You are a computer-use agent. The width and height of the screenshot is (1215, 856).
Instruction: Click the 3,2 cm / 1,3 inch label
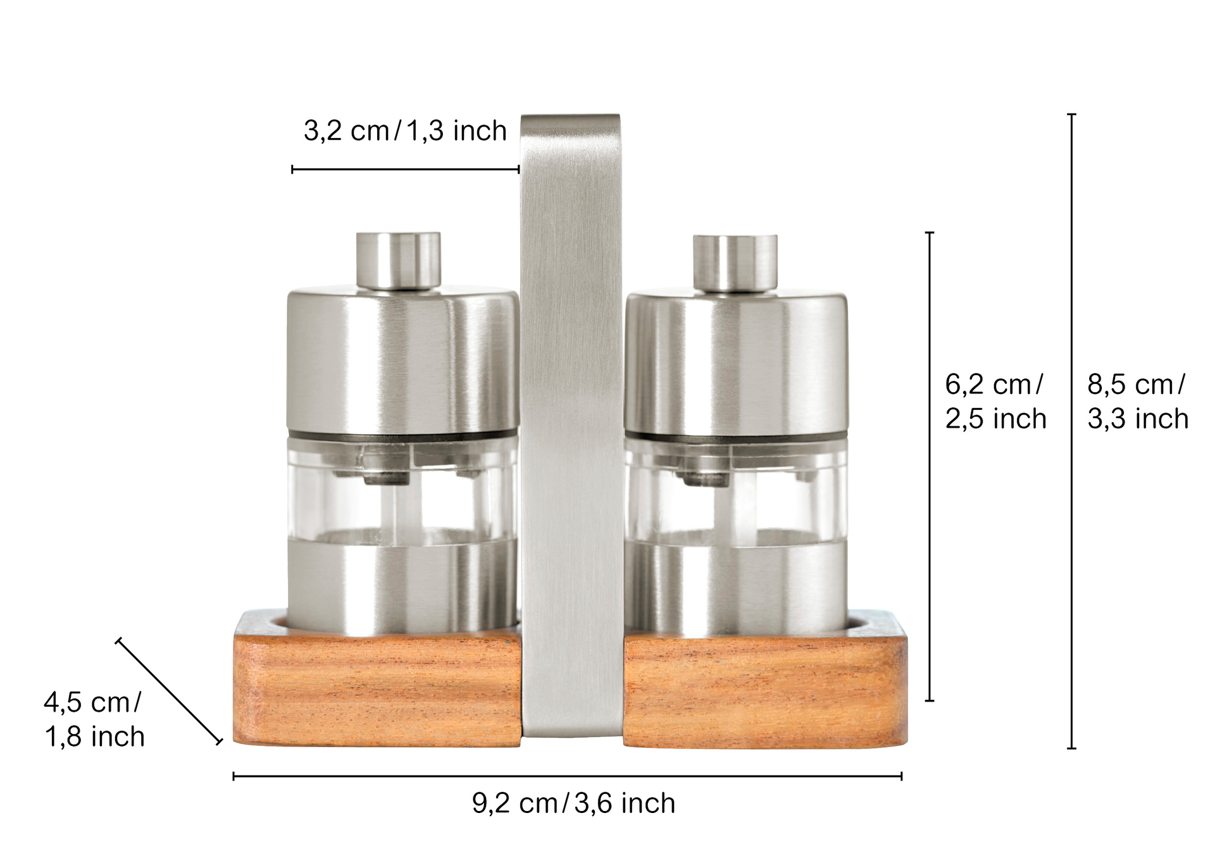405,131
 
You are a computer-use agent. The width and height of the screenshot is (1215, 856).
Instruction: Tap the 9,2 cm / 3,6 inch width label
573,803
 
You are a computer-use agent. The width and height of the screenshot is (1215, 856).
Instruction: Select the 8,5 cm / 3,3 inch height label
1138,402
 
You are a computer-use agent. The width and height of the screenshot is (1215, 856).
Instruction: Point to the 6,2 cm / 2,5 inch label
995,402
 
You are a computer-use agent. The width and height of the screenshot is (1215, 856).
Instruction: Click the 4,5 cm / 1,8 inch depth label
94,720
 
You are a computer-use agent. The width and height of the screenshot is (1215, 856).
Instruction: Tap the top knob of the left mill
398,260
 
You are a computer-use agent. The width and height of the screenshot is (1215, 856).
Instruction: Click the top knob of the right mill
735,263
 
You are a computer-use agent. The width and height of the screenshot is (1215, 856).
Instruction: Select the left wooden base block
377,678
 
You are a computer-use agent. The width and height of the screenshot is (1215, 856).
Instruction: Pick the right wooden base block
765,679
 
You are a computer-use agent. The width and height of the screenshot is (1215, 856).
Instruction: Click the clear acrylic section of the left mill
402,488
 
